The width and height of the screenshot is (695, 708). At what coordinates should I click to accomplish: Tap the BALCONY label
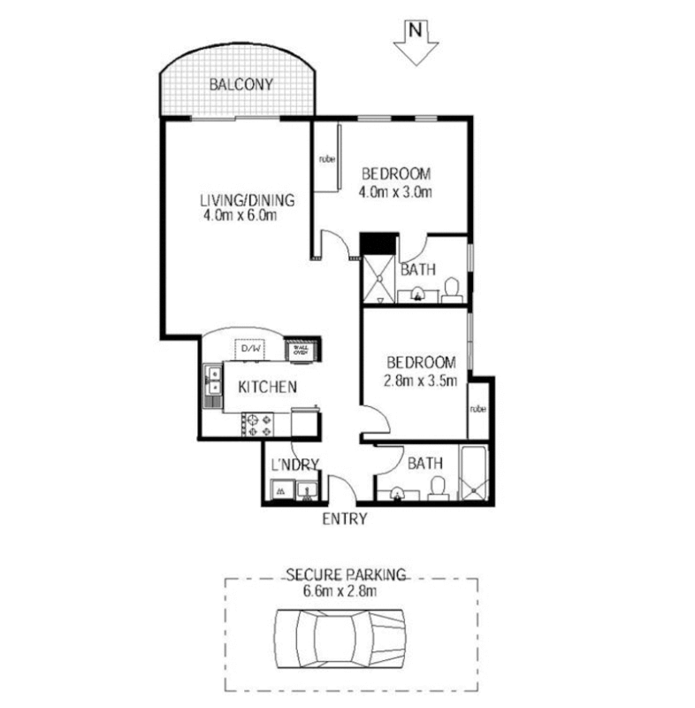(x=240, y=86)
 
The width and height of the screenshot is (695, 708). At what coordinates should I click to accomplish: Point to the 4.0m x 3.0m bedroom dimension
(x=395, y=191)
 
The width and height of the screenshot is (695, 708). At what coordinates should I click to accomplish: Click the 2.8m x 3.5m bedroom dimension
(x=420, y=381)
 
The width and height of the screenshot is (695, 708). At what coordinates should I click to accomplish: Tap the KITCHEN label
(x=266, y=387)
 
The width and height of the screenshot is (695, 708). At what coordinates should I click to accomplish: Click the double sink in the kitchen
(x=211, y=386)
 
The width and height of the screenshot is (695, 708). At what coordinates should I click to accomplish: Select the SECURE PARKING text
(x=350, y=574)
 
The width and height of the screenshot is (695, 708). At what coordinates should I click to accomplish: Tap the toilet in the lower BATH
(x=435, y=487)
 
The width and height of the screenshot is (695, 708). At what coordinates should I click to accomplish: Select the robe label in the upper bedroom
(x=326, y=160)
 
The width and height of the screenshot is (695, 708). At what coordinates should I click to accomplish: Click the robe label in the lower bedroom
(x=477, y=409)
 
